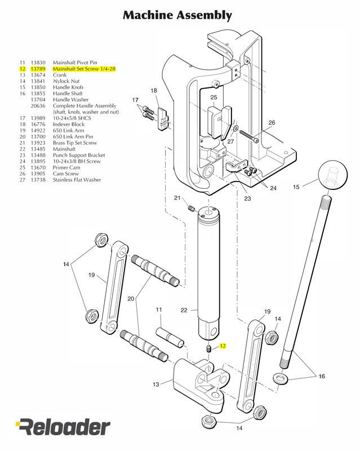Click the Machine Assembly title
click(177, 15)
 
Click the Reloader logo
click(63, 427)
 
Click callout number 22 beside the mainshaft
click(183, 309)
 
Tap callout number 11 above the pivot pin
click(159, 309)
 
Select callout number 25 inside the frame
click(214, 98)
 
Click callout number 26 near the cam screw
click(272, 122)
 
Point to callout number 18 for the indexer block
click(154, 90)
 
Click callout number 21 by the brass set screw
click(177, 198)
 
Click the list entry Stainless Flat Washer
click(77, 180)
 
